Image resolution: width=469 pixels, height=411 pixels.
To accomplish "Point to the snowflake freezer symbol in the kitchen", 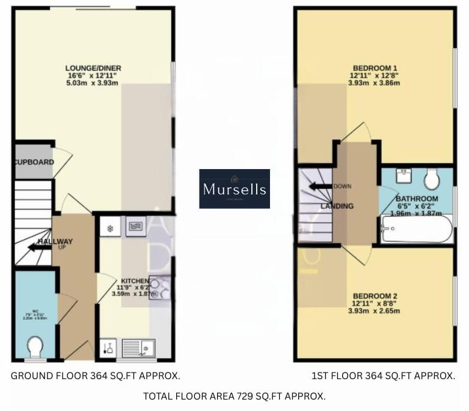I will click(111, 228).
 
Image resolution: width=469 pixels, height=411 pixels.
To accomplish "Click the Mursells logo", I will click(234, 188).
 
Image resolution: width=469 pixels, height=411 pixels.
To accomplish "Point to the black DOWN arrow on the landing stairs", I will click(320, 186).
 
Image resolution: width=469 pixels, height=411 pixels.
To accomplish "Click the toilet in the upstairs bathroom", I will click(432, 178).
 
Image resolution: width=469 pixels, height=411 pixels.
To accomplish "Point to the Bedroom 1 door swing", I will click(358, 134).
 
